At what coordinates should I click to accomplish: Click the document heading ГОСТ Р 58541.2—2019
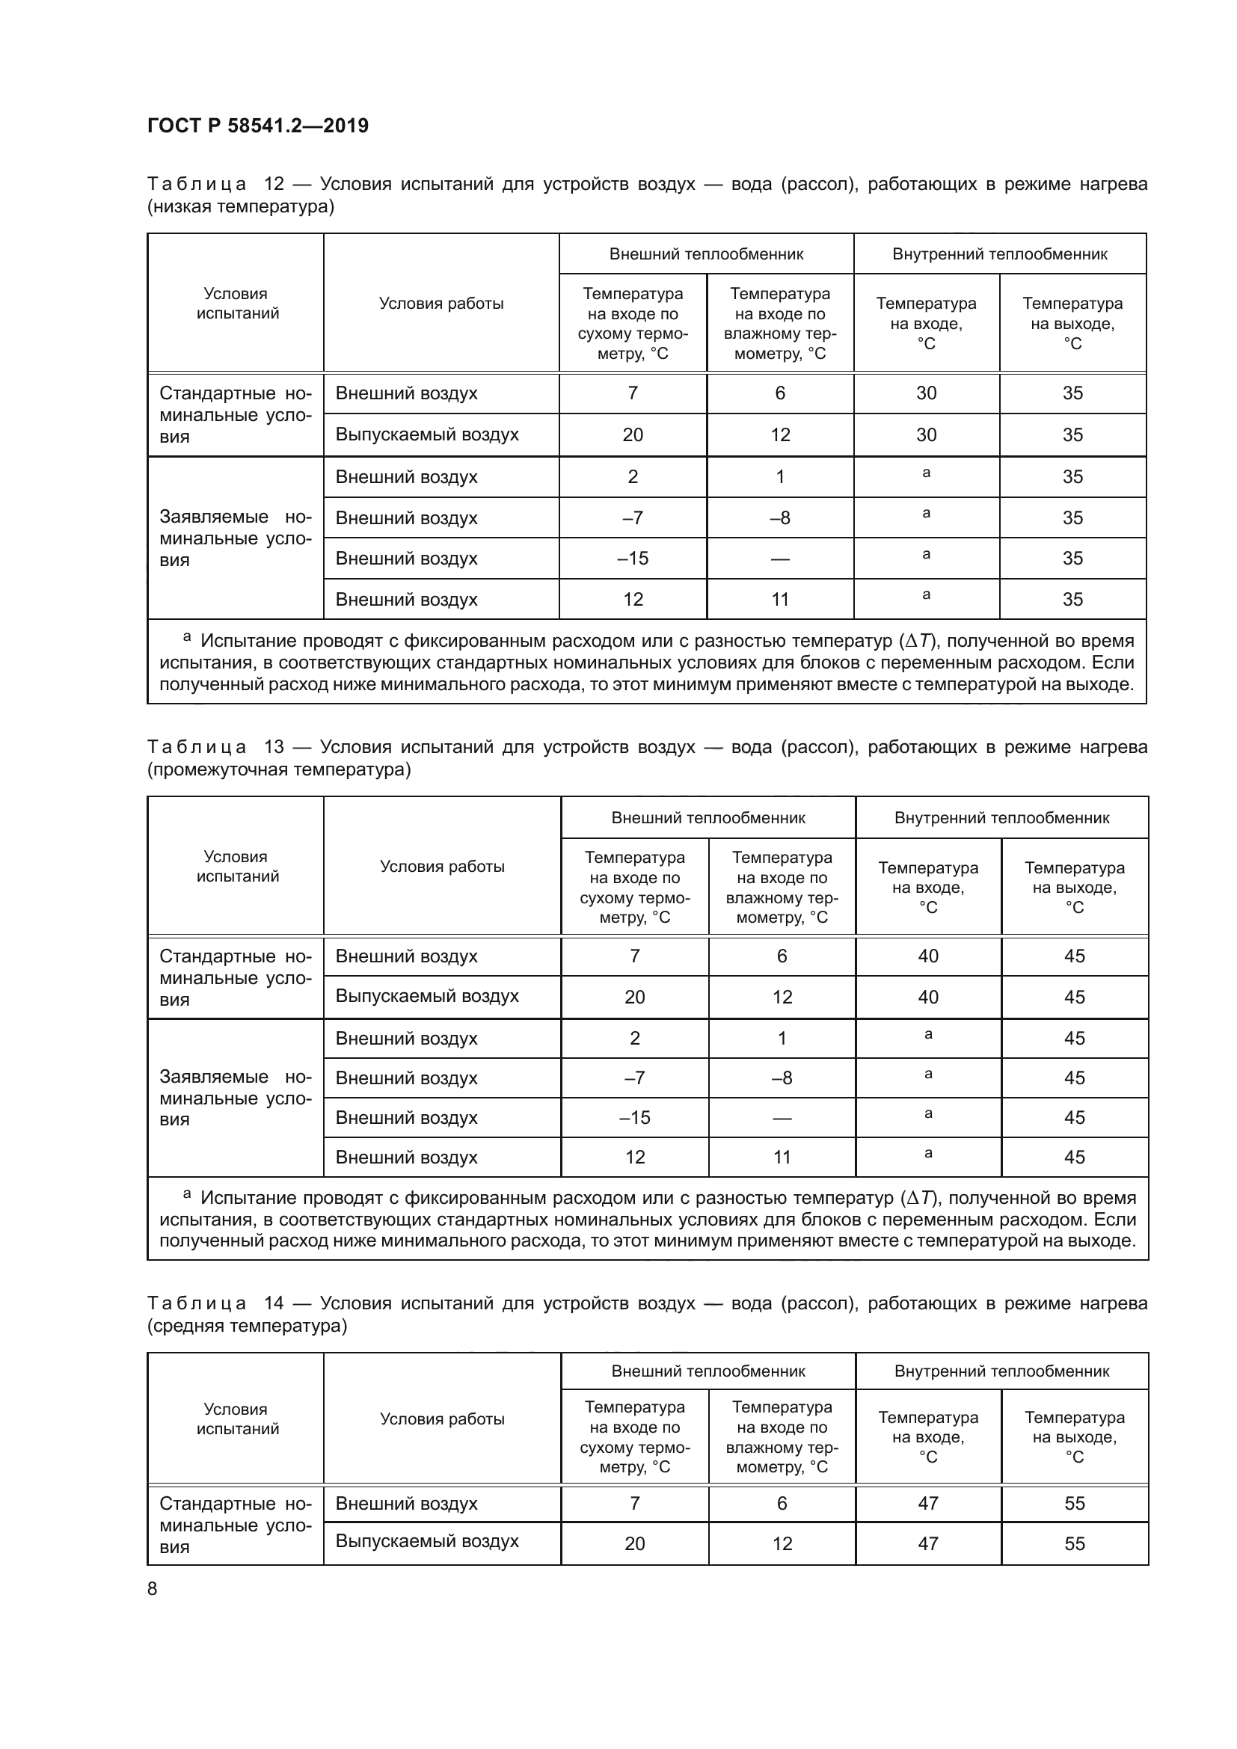point(257,126)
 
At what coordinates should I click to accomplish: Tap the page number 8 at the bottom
point(153,1588)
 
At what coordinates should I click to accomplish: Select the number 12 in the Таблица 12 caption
point(274,185)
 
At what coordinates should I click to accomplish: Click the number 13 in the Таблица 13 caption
point(274,747)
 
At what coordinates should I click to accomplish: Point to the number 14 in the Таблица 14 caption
point(274,1303)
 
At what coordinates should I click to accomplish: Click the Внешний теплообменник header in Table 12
point(706,254)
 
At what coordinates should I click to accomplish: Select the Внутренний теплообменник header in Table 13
point(1001,818)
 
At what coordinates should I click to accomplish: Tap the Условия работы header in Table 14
point(442,1419)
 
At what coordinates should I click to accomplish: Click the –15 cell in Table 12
point(632,559)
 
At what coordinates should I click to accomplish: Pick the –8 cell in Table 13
point(782,1078)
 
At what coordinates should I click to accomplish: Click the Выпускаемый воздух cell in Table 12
point(426,435)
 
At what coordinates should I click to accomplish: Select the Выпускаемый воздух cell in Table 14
point(426,1541)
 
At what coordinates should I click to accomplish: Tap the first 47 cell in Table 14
point(927,1504)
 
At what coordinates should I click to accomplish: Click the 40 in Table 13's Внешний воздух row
point(927,956)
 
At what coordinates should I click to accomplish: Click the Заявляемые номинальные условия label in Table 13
point(236,1098)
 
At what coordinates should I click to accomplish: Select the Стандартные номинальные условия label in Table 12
point(236,415)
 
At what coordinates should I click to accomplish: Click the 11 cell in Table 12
point(780,600)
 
